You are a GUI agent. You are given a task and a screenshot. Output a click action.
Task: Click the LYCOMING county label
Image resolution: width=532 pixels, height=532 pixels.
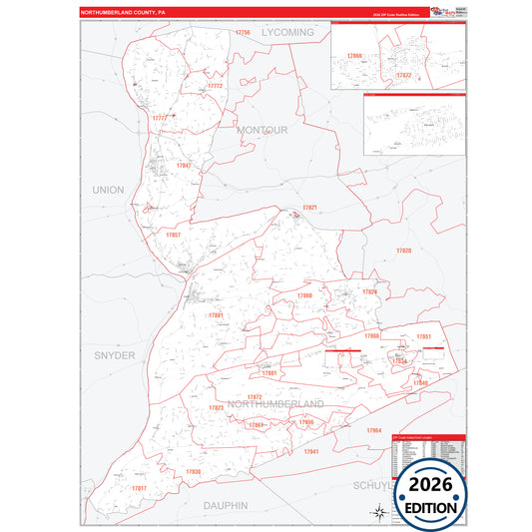click(x=287, y=33)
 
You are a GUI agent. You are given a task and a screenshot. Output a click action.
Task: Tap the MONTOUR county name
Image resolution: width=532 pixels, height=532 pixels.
click(x=263, y=130)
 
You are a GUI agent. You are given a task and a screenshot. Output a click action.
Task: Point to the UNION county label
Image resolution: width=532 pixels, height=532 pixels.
click(x=108, y=189)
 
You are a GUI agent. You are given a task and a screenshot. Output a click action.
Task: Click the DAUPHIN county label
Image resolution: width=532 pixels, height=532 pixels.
click(x=225, y=506)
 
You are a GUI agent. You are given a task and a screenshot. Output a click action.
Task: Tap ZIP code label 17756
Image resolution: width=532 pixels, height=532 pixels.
click(x=243, y=33)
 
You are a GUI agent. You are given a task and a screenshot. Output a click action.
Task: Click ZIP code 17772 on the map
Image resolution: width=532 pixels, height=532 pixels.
click(x=215, y=86)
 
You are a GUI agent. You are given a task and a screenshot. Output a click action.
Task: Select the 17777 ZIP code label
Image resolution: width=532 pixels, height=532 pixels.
click(x=160, y=118)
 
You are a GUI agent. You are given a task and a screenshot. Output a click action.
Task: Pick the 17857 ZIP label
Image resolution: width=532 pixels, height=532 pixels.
click(x=173, y=235)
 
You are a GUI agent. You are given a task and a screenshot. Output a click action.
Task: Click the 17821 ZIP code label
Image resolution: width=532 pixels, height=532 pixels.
click(x=309, y=207)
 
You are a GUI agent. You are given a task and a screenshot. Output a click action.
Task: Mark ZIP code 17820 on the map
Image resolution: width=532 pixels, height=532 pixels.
click(x=403, y=251)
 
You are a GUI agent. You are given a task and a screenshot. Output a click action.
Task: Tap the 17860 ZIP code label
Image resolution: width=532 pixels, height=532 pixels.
click(x=304, y=296)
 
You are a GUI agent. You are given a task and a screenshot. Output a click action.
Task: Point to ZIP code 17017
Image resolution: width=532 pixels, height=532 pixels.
click(x=139, y=487)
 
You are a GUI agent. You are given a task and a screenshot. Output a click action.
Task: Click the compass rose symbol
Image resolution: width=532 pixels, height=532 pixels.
click(x=380, y=512)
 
